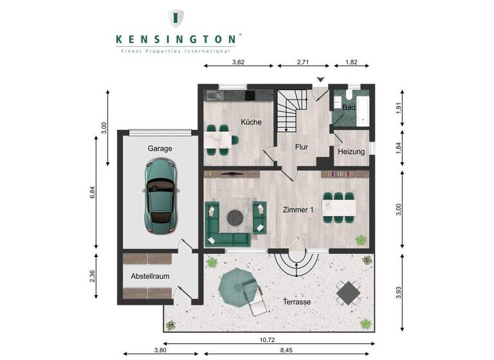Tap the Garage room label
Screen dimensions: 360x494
pyautogui.click(x=160, y=148)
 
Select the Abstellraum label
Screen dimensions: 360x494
pyautogui.click(x=150, y=276)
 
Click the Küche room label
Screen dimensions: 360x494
pyautogui.click(x=251, y=122)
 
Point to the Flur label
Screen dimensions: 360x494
pyautogui.click(x=302, y=147)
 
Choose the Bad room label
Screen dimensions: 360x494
pyautogui.click(x=349, y=107)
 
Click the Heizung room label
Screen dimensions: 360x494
pyautogui.click(x=351, y=152)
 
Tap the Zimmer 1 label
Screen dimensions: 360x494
pyautogui.click(x=298, y=210)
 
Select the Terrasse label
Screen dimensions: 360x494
pyautogui.click(x=297, y=301)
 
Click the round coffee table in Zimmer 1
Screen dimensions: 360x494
pyautogui.click(x=235, y=217)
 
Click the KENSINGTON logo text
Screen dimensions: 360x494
pyautogui.click(x=177, y=39)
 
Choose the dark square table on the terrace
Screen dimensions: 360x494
pyautogui.click(x=348, y=292)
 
